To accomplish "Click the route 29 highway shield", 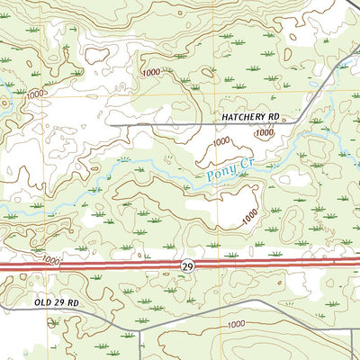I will [186, 265].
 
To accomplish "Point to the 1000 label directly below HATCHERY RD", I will [263, 132].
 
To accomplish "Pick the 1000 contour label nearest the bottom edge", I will [236, 324].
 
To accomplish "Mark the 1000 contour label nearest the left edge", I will [36, 94].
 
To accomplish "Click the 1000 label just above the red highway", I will [51, 259].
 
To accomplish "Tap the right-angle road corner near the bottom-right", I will [350, 329].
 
